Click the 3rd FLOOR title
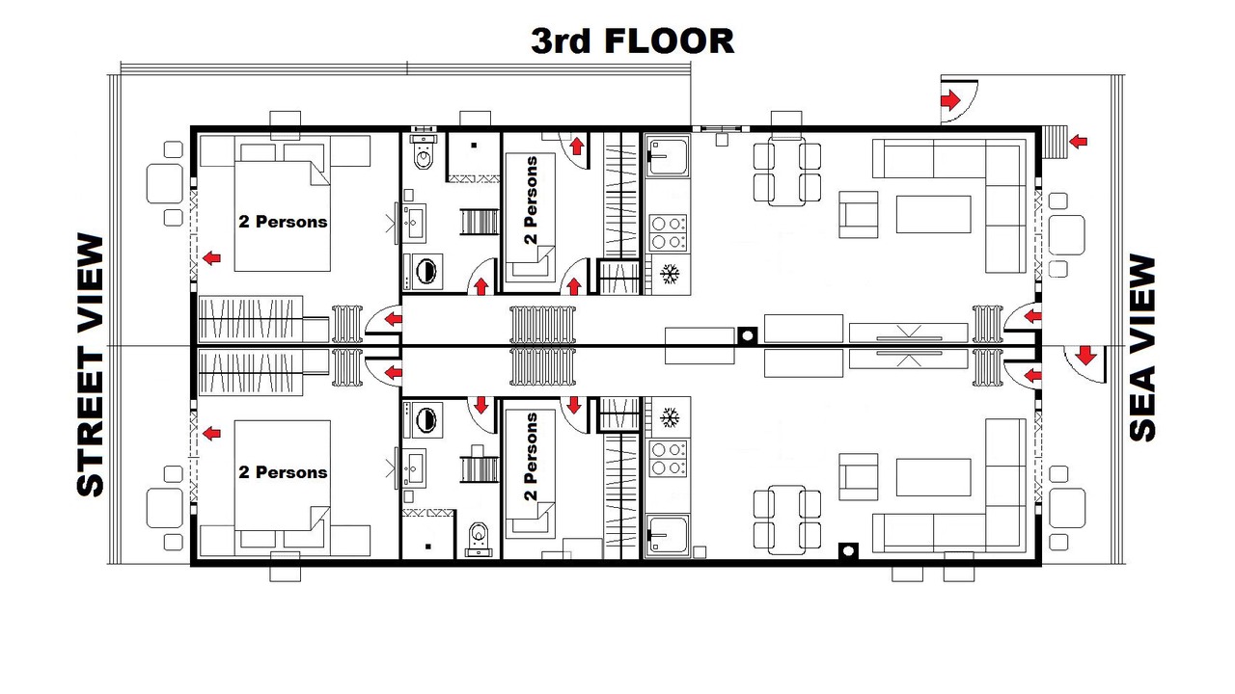pos(632,40)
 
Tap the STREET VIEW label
pos(91,364)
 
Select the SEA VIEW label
pos(1141,348)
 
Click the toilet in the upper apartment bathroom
pos(424,152)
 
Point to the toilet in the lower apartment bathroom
pos(478,538)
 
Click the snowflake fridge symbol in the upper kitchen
pos(670,274)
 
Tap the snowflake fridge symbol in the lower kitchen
pos(670,417)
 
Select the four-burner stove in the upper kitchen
pos(668,232)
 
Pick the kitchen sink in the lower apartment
pos(668,534)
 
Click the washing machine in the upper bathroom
pos(423,272)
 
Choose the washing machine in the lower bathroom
pos(423,419)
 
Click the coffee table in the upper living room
pos(933,214)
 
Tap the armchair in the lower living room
pos(859,477)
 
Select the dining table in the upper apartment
pos(787,173)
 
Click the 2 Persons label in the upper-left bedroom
pos(283,222)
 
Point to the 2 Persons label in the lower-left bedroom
pos(283,472)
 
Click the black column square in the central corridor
pos(748,335)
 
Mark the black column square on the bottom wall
pos(848,550)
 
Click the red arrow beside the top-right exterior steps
pos(1078,142)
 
